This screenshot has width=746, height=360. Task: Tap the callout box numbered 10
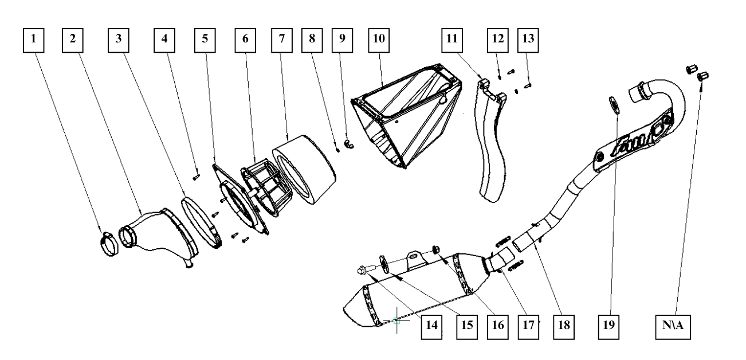point(378,39)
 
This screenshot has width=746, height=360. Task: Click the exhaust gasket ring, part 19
point(612,106)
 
